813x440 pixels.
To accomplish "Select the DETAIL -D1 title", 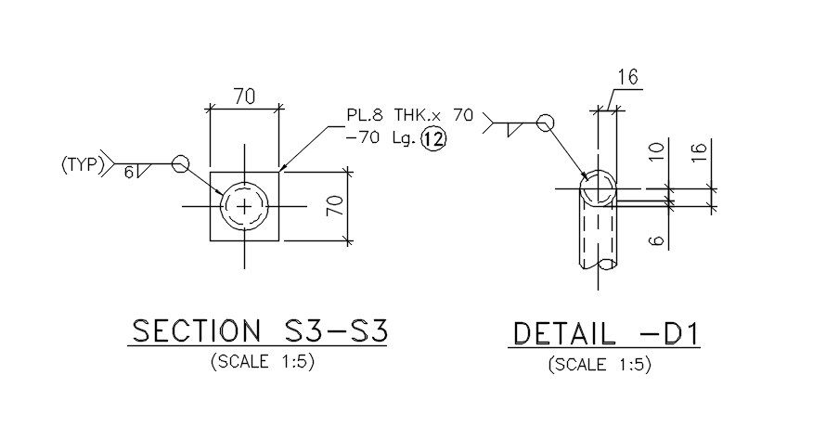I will point(604,333).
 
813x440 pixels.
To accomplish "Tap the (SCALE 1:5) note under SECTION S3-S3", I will point(263,361).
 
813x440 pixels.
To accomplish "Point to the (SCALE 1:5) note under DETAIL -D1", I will point(600,364).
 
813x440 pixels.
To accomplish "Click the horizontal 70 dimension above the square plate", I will point(244,97).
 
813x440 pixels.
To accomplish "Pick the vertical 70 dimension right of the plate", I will point(335,205).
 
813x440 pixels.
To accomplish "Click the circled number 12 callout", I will point(433,140).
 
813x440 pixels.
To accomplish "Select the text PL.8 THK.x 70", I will point(409,116).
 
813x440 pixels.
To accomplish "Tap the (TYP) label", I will point(79,165).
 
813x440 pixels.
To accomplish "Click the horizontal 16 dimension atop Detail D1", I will point(628,78).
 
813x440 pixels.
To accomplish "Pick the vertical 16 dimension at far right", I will point(700,150).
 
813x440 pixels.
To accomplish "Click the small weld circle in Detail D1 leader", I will point(545,123).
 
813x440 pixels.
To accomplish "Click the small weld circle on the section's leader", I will point(180,164).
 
